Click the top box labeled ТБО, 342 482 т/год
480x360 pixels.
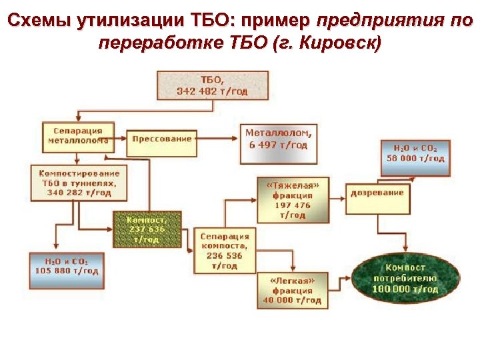point(213,85)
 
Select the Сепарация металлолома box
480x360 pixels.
point(75,135)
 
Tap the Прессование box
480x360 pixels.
point(161,140)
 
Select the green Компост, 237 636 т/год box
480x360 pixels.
point(146,229)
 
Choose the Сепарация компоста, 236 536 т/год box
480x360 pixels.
point(225,251)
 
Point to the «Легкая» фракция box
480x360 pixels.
point(293,290)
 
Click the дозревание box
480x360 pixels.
point(377,194)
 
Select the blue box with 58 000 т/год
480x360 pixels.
point(415,153)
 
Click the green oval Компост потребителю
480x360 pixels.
point(405,279)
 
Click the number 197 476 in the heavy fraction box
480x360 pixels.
point(293,206)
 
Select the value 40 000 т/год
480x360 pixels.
point(293,300)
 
